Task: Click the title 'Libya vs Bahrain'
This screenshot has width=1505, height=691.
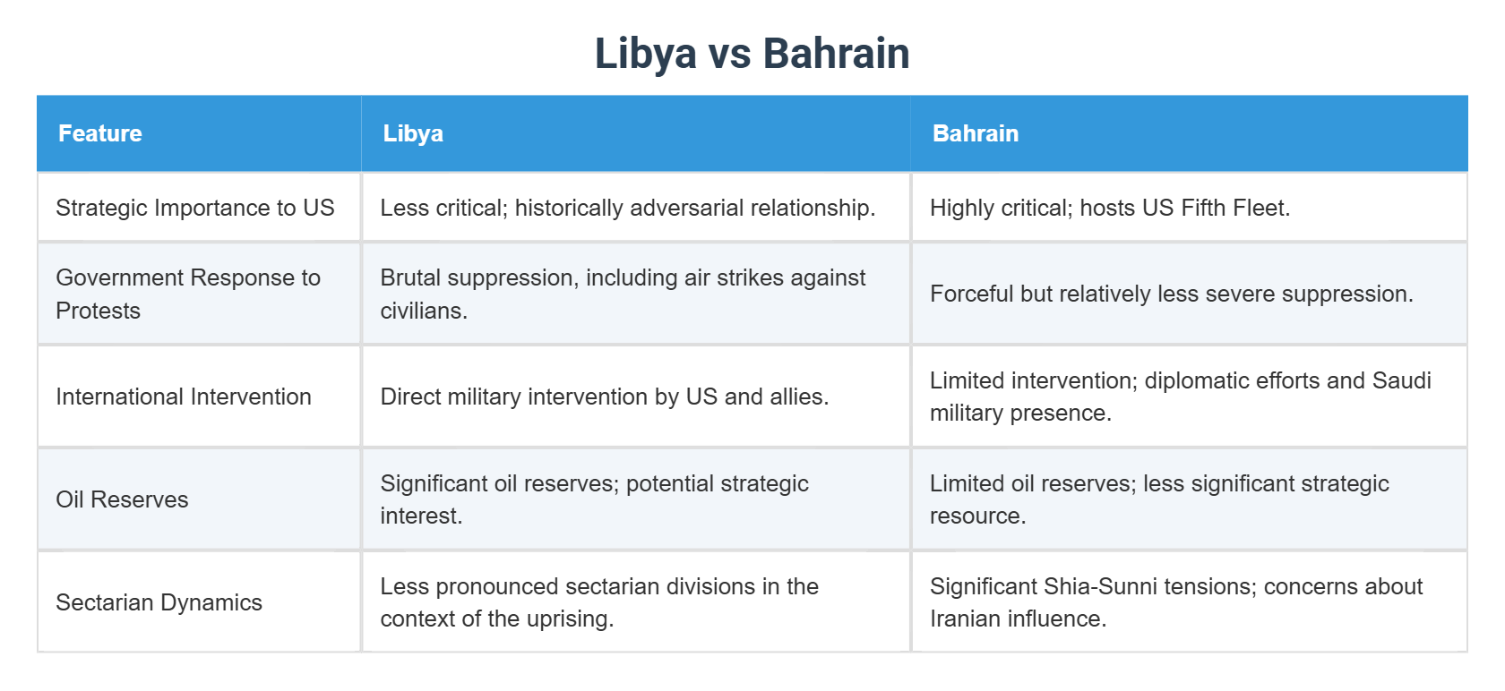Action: [x=752, y=54]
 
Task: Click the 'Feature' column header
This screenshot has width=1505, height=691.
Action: [x=100, y=133]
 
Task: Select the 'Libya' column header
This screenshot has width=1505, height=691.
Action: [x=413, y=133]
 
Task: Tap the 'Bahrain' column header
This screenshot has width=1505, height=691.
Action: [x=976, y=133]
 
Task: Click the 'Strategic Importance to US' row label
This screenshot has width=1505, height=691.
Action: [x=195, y=208]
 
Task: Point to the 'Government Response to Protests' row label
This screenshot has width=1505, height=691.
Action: [x=188, y=294]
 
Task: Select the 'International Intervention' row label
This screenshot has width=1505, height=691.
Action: [x=184, y=397]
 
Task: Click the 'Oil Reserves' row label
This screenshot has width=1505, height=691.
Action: [x=123, y=499]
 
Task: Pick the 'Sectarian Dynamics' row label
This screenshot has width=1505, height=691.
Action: [x=159, y=602]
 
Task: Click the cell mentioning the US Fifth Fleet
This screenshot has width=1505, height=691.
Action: [x=1110, y=208]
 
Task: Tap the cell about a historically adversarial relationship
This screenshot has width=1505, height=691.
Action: [x=628, y=208]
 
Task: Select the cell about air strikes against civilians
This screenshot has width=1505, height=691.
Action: [x=623, y=294]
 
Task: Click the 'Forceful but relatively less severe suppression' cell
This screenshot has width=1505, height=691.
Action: [x=1171, y=294]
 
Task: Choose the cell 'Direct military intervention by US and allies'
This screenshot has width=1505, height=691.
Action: [x=605, y=397]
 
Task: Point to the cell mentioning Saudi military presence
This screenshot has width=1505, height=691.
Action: [x=1180, y=397]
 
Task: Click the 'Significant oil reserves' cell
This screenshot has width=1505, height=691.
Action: [x=594, y=499]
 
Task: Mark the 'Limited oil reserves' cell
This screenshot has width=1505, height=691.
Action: [x=1159, y=499]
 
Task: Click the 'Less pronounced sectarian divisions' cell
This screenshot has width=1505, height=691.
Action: [x=599, y=602]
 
